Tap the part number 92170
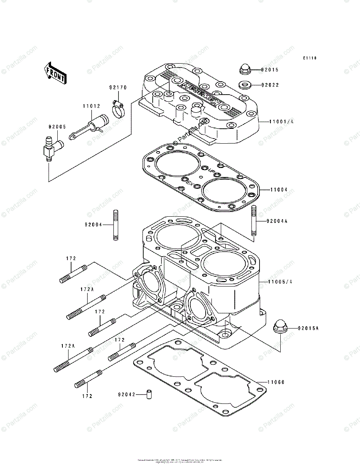[x=118, y=88]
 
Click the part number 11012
[x=91, y=106]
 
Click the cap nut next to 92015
[x=245, y=69]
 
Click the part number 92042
[x=126, y=394]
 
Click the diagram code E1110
[x=309, y=58]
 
